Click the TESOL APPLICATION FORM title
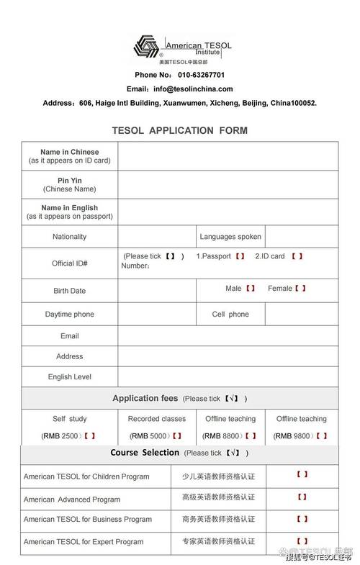tap(179, 130)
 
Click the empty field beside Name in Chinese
tap(228, 156)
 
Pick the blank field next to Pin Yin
tap(228, 184)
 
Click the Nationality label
tap(69, 236)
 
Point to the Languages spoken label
tap(230, 236)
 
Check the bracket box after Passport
tap(240, 256)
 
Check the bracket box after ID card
tap(297, 256)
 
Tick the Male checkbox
tap(251, 289)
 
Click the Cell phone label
tap(230, 315)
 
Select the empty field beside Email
tap(228, 335)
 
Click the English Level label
tap(69, 376)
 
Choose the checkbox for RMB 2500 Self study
tap(90, 435)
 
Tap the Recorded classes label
tap(156, 418)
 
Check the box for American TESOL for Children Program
tap(302, 474)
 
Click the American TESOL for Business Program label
tap(88, 519)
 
